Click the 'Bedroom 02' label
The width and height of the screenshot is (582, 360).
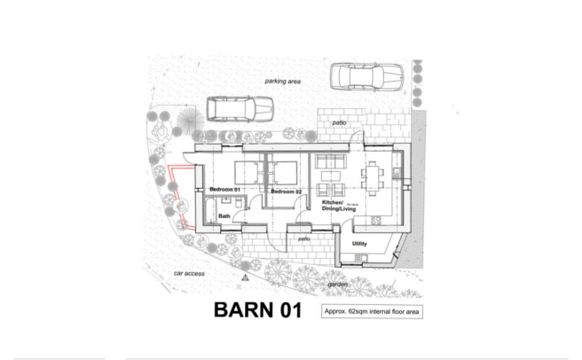click(x=287, y=192)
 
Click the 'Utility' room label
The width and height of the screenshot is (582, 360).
click(x=360, y=243)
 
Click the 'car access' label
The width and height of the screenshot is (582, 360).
click(x=189, y=273)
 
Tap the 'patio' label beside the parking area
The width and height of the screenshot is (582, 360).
click(x=337, y=122)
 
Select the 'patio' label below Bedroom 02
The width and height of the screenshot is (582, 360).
click(x=303, y=239)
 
